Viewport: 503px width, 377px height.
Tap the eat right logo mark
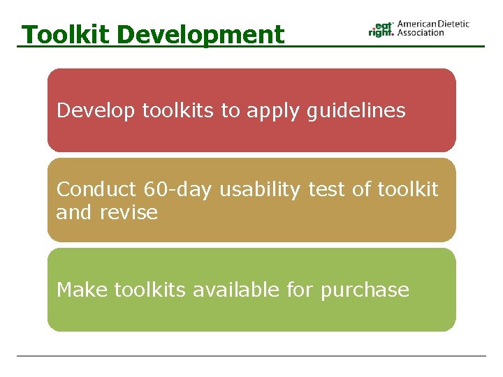click(x=381, y=29)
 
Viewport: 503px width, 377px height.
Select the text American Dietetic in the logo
click(x=433, y=24)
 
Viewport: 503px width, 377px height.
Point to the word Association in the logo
click(x=421, y=33)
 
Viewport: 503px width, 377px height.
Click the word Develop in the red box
click(x=96, y=111)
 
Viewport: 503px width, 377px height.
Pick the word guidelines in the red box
click(x=356, y=111)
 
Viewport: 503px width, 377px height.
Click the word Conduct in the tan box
click(x=96, y=189)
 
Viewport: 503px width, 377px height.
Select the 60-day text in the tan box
click(x=179, y=189)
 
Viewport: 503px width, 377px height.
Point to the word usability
click(x=261, y=189)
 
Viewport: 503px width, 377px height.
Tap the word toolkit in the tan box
click(x=408, y=189)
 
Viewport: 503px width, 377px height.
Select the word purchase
click(x=365, y=290)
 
